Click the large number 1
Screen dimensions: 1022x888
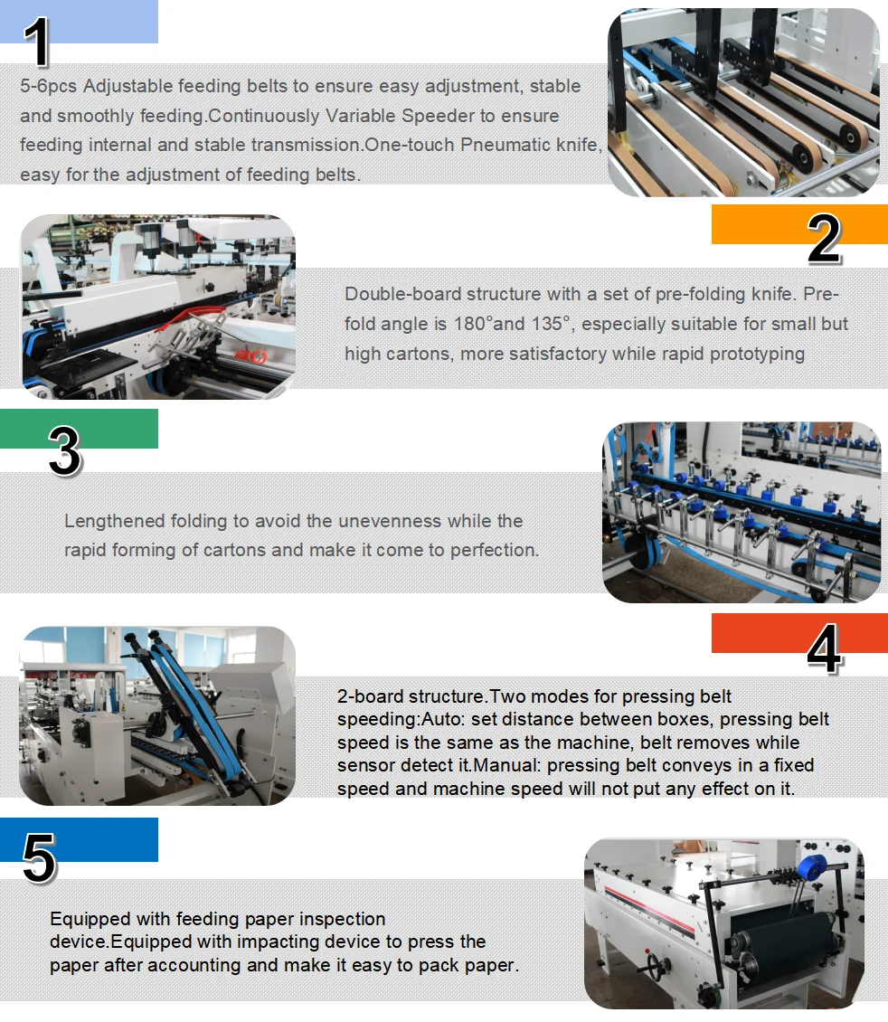37,42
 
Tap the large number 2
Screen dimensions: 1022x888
824,239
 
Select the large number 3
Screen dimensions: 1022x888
64,450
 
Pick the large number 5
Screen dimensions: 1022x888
39,856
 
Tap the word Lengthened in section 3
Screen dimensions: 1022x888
114,521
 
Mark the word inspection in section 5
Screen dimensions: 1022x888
339,919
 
